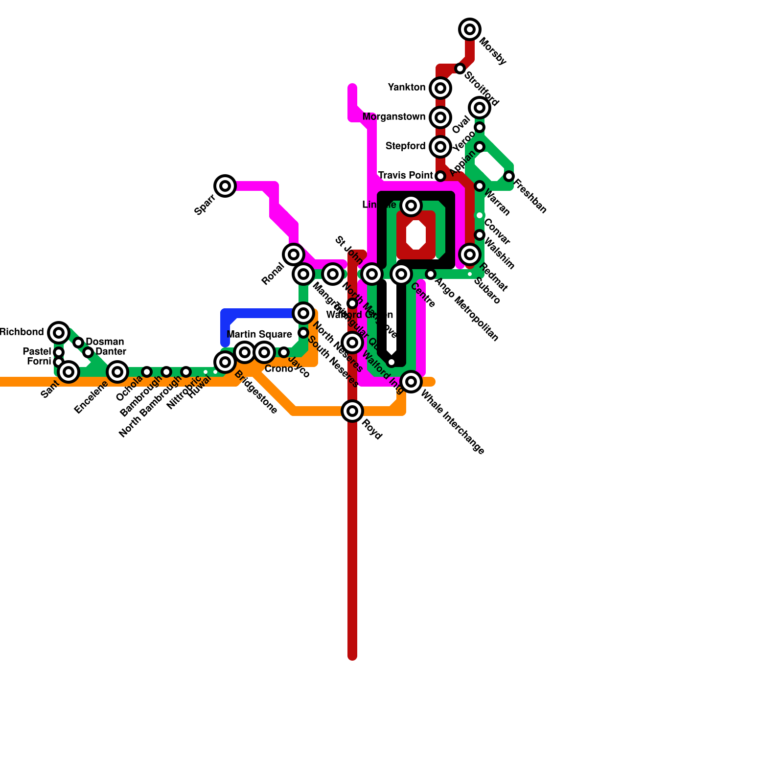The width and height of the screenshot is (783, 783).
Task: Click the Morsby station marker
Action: [470, 29]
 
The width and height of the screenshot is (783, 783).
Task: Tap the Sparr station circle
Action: [225, 186]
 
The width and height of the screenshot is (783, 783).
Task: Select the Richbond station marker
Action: [59, 333]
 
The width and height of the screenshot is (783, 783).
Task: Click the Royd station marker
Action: [352, 411]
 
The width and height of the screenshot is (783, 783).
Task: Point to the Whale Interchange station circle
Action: [411, 382]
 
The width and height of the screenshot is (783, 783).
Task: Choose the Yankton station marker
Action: [440, 88]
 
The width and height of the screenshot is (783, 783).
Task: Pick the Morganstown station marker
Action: [440, 117]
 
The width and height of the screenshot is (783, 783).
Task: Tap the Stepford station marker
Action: [440, 147]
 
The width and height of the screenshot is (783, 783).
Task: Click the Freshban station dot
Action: [509, 176]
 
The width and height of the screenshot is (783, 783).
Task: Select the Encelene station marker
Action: [117, 372]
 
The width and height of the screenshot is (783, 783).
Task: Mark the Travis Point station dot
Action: [440, 176]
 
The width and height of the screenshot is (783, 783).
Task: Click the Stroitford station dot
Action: [460, 69]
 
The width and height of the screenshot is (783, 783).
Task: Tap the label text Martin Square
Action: [259, 335]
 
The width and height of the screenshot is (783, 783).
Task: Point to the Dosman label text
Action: [105, 342]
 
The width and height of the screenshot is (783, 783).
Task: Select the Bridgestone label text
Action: [256, 392]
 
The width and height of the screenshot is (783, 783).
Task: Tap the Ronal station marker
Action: [294, 254]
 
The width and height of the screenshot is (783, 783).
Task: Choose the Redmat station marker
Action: [470, 254]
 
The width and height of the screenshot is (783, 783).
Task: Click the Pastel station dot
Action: [59, 352]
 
